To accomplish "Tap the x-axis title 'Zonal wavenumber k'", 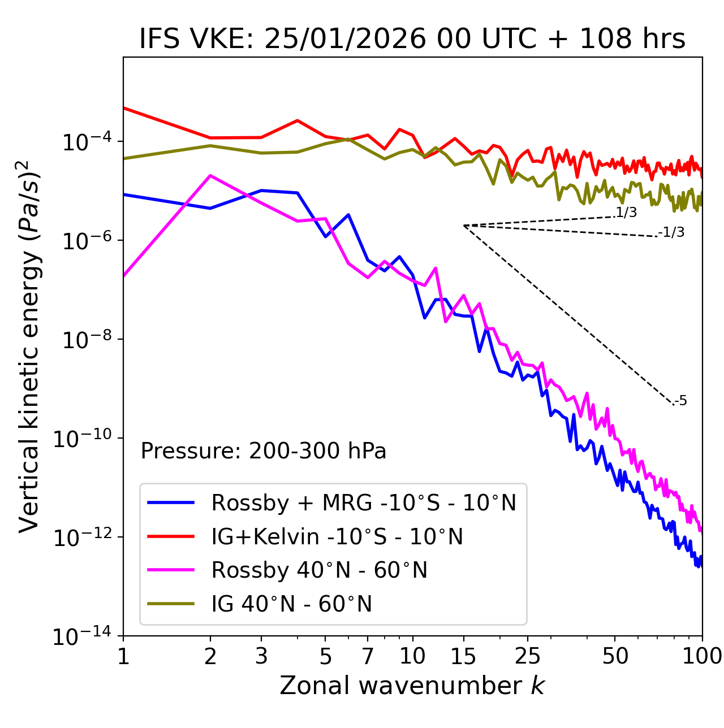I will (x=412, y=686).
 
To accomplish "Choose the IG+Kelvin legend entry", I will (x=337, y=536).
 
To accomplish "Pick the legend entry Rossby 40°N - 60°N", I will (x=319, y=570).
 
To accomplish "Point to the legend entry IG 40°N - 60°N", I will (x=291, y=604).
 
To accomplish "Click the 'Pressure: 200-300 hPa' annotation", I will (x=263, y=451).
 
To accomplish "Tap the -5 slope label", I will (x=681, y=401).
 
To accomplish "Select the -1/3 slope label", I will (x=672, y=232).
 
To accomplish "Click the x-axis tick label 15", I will (x=463, y=656).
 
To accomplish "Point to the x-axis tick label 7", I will (x=368, y=656).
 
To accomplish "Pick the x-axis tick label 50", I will (x=615, y=656).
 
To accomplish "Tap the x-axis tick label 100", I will (x=701, y=656).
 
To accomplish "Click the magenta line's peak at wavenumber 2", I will (x=210, y=175).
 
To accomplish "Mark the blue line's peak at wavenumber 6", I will (x=348, y=215).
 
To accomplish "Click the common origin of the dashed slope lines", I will (x=464, y=226).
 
